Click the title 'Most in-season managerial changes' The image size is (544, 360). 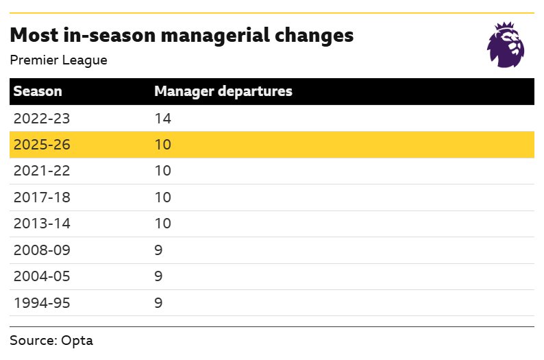point(182,36)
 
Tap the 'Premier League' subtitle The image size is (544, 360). point(58,60)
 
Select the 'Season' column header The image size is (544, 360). point(38,91)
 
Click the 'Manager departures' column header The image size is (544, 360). point(223,91)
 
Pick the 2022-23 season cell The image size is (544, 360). point(42,119)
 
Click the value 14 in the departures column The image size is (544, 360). point(162,119)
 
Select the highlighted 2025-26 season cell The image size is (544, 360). point(42,145)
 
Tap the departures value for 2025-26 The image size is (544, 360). point(162,145)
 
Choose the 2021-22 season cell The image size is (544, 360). point(42,171)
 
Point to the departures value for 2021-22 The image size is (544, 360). point(162,171)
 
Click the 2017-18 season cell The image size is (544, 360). point(42,197)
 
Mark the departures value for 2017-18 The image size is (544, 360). point(162,197)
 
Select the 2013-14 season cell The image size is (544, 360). point(42,224)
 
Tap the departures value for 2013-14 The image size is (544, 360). point(162,224)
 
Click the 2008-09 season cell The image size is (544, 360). point(42,250)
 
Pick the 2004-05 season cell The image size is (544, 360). point(42,276)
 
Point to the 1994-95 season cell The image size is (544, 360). point(42,302)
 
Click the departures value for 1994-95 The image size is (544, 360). point(158,302)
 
